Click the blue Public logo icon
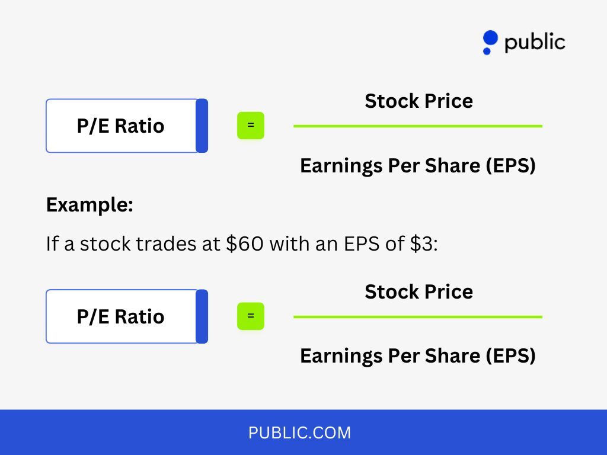click(x=490, y=42)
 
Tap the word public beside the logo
click(x=535, y=42)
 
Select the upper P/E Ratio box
click(x=121, y=126)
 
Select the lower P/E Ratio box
click(x=121, y=316)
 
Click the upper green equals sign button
click(x=251, y=126)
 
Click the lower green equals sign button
click(x=251, y=316)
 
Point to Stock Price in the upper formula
click(x=418, y=101)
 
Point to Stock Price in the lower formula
click(x=418, y=292)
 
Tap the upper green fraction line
click(x=417, y=126)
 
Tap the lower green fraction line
click(x=417, y=317)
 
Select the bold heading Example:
click(x=90, y=206)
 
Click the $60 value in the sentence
click(x=245, y=243)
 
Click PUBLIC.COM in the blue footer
click(x=299, y=433)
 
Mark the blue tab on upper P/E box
click(x=202, y=126)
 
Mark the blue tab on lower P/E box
click(x=202, y=316)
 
